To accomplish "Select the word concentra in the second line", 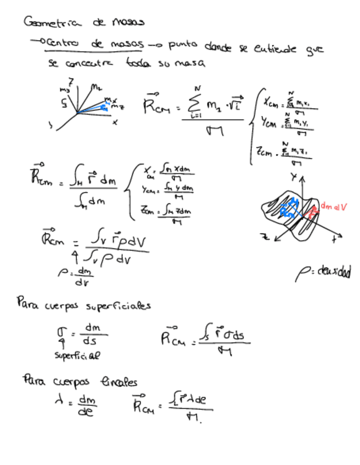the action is click(x=89, y=64).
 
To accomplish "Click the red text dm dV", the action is click(x=333, y=206).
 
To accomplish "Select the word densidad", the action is click(x=330, y=271).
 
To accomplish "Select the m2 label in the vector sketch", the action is click(x=97, y=86).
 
